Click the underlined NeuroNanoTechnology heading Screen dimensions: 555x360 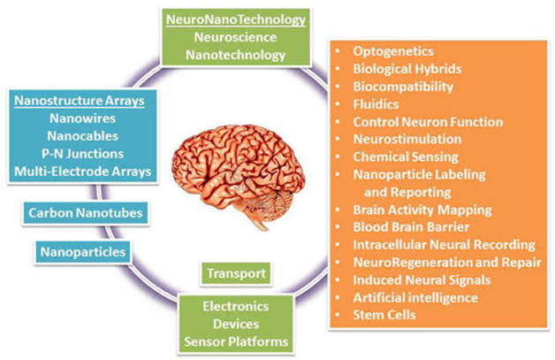[236, 19]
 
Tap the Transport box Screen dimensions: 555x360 [236, 273]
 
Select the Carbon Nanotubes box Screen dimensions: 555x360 [86, 213]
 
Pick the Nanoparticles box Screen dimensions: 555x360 [83, 252]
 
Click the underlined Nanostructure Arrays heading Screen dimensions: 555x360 [80, 101]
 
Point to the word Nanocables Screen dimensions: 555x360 [83, 136]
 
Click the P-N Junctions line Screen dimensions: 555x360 [83, 154]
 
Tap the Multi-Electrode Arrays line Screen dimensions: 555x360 [83, 172]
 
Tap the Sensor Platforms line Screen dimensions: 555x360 [236, 341]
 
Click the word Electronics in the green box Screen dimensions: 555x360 [236, 307]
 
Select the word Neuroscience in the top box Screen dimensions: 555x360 [235, 37]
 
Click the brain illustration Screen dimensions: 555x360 [239, 174]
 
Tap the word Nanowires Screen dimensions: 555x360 [82, 119]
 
